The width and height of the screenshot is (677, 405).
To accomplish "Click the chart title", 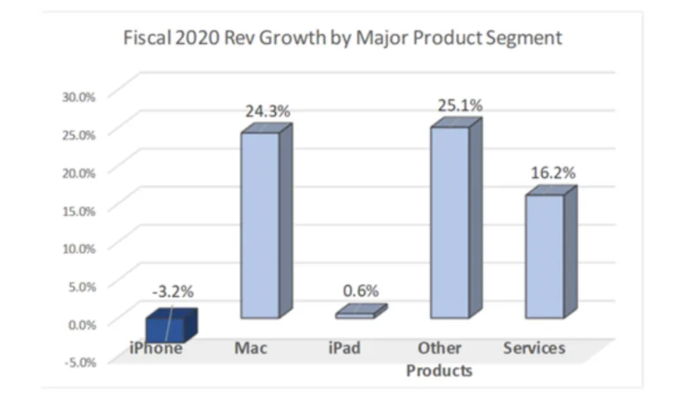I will click(343, 37).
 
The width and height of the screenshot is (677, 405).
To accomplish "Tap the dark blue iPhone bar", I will click(166, 330).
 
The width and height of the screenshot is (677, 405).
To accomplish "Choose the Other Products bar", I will click(449, 222).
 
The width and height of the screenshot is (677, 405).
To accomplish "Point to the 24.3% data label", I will click(267, 111).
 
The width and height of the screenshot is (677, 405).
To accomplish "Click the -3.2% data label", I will click(171, 291).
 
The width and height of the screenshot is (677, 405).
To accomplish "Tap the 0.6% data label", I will click(361, 290).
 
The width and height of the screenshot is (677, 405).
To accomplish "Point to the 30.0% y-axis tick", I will click(79, 97).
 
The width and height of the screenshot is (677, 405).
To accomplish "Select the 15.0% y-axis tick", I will click(79, 210).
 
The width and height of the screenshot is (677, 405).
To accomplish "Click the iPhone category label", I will click(156, 349).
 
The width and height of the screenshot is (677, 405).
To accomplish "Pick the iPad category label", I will click(345, 349).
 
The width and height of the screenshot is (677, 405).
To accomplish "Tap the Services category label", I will click(534, 349).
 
